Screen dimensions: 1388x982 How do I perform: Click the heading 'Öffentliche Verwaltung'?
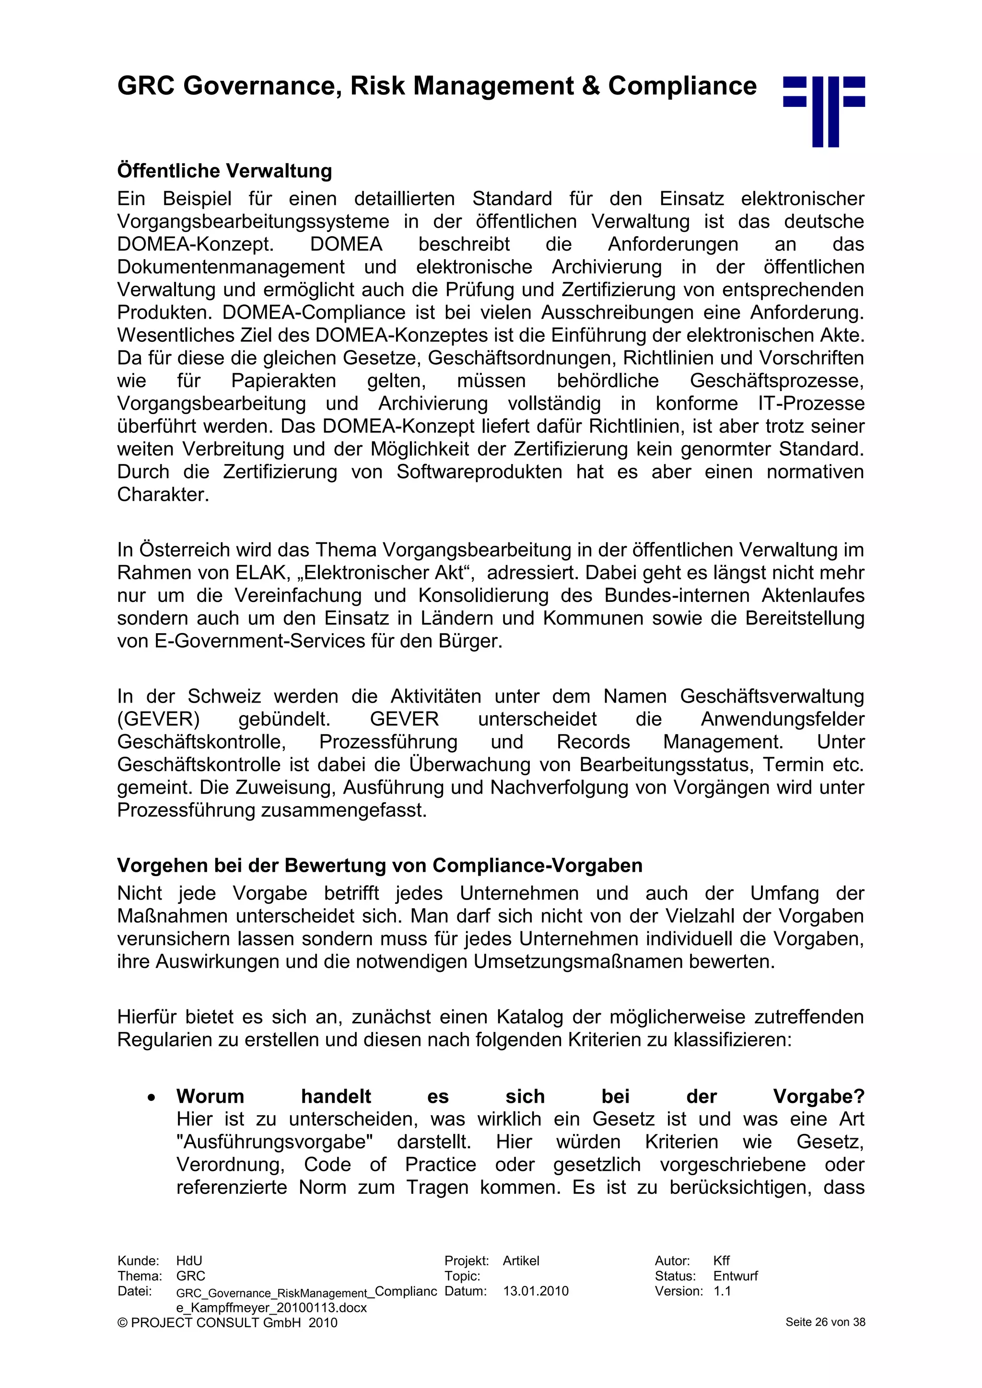pos(224,171)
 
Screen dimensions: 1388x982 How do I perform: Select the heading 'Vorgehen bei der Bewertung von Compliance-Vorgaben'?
pos(379,865)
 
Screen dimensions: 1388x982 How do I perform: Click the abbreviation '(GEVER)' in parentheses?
pos(158,719)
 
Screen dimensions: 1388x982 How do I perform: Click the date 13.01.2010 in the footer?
pos(536,1291)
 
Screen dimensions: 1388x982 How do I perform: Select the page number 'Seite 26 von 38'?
pos(825,1322)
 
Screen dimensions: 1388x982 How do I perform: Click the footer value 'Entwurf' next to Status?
pos(735,1276)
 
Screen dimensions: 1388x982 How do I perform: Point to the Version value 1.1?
pos(722,1291)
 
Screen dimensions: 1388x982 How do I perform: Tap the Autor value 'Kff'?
pos(721,1261)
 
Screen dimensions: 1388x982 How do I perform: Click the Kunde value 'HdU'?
pos(188,1261)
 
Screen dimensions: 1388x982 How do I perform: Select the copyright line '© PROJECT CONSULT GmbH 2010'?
pos(227,1323)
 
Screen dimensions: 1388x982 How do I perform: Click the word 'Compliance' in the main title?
pos(682,86)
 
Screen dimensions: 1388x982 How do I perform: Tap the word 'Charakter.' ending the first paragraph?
pos(163,495)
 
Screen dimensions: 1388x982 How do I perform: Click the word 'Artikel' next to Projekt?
pos(521,1261)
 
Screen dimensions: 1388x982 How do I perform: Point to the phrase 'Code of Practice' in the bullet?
pos(389,1164)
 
